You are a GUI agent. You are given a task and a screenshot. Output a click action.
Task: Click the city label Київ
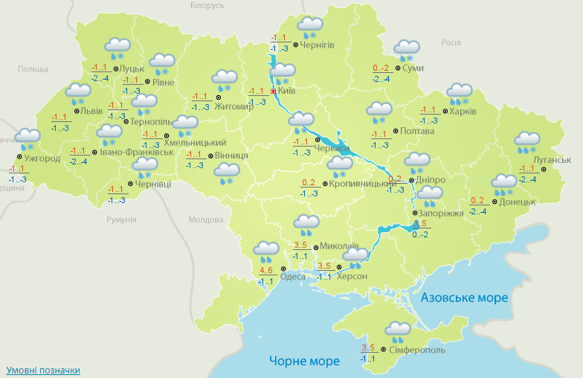point(287,91)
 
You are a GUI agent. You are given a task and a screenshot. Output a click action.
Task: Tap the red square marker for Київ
point(273,91)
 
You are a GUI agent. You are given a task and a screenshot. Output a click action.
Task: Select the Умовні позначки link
point(43,370)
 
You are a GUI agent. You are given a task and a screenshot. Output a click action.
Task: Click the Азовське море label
point(464,298)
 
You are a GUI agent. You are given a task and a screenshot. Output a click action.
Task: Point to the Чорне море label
point(304,361)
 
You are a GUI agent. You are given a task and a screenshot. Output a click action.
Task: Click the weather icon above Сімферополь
point(399,330)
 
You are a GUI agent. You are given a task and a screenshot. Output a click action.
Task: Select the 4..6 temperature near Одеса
point(266,270)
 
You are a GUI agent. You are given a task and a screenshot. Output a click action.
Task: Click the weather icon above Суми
point(407,50)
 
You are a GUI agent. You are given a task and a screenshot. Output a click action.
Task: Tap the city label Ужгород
point(42,158)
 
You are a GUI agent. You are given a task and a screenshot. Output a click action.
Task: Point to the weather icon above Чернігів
point(309,27)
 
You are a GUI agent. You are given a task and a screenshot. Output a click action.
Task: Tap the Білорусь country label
point(207,6)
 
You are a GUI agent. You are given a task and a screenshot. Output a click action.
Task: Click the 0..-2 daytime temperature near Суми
point(381,68)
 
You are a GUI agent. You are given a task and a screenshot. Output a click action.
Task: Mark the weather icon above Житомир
point(224,79)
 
